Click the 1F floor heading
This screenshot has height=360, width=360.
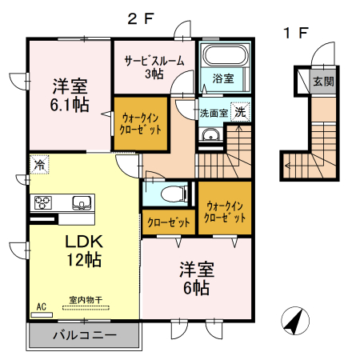(x=296, y=34)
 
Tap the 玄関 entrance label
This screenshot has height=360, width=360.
(x=324, y=81)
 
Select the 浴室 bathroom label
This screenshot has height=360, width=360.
(x=223, y=78)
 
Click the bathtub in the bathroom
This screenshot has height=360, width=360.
(x=225, y=58)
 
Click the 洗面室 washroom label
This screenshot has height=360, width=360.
(x=213, y=113)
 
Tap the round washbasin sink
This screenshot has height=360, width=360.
(x=210, y=135)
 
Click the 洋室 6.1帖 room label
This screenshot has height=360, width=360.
(x=70, y=94)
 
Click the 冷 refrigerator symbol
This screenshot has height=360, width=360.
(x=39, y=166)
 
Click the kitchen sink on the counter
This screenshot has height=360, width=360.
(x=82, y=202)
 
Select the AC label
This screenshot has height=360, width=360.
(x=41, y=305)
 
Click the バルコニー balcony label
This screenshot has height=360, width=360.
(x=85, y=334)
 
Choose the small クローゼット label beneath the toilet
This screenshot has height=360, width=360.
(x=169, y=222)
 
